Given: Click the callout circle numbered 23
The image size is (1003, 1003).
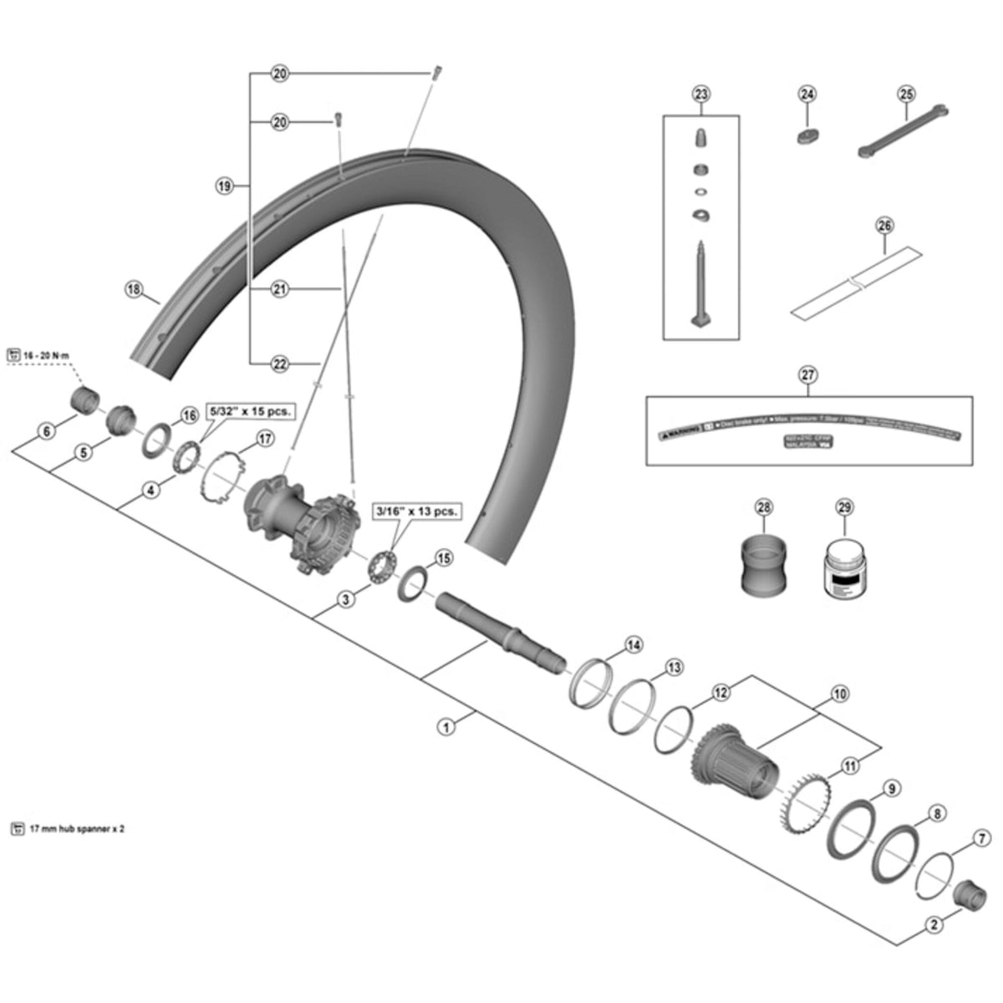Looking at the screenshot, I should (x=700, y=93).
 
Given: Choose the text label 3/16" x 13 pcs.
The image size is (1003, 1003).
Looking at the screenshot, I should (x=415, y=511).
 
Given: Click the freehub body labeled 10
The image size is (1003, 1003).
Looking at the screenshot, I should (x=736, y=760).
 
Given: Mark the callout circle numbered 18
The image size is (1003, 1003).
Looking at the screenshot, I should (x=134, y=289).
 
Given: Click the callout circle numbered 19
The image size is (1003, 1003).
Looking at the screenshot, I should (x=223, y=186).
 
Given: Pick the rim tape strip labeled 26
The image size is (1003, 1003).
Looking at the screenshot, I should (x=853, y=282).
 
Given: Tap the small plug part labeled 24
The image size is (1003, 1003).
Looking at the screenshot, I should (x=806, y=136).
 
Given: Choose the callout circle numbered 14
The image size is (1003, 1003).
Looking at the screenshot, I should (x=634, y=644).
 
